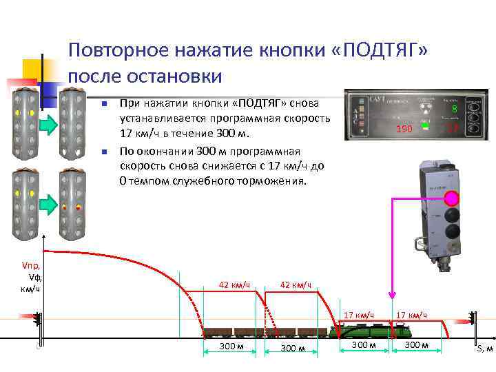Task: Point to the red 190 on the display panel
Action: click(404, 130)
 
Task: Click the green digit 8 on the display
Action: click(455, 109)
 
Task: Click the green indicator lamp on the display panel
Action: click(427, 126)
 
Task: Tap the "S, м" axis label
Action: click(484, 349)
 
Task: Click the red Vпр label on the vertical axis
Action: click(31, 266)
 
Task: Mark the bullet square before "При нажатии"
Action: click(102, 105)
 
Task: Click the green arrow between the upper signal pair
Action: click(48, 124)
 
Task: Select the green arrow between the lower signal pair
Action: click(48, 204)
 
